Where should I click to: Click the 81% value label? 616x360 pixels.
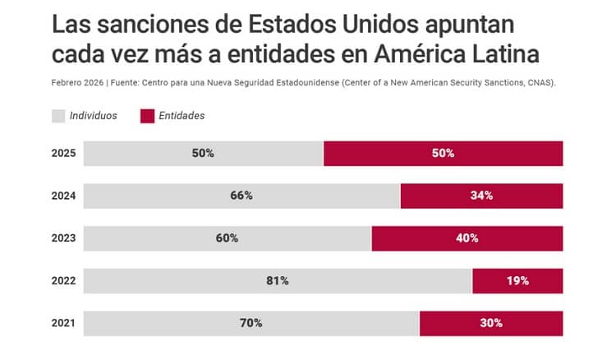pyautogui.click(x=277, y=281)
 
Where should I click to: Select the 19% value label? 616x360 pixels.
pyautogui.click(x=517, y=281)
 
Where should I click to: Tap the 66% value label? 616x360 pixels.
pyautogui.click(x=241, y=196)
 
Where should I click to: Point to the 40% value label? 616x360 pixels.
pyautogui.click(x=467, y=238)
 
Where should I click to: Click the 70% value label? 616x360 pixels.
pyautogui.click(x=251, y=323)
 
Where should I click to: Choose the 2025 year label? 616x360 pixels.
pyautogui.click(x=63, y=154)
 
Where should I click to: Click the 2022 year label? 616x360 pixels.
pyautogui.click(x=63, y=281)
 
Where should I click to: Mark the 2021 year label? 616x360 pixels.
pyautogui.click(x=63, y=323)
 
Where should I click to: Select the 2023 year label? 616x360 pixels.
pyautogui.click(x=63, y=238)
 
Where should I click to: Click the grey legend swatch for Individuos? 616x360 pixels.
pyautogui.click(x=58, y=116)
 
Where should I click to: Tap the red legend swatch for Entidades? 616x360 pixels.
pyautogui.click(x=147, y=116)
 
